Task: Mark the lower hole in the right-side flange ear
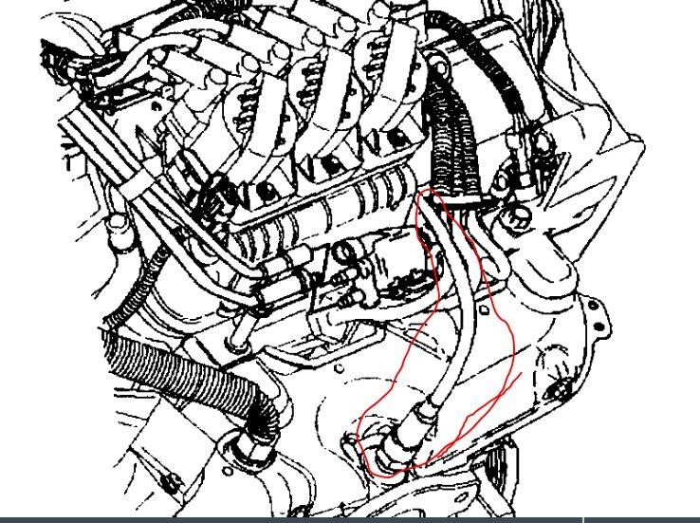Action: [x=565, y=387]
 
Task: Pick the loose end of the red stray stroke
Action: [x=521, y=376]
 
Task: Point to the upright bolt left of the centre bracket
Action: [x=235, y=331]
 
